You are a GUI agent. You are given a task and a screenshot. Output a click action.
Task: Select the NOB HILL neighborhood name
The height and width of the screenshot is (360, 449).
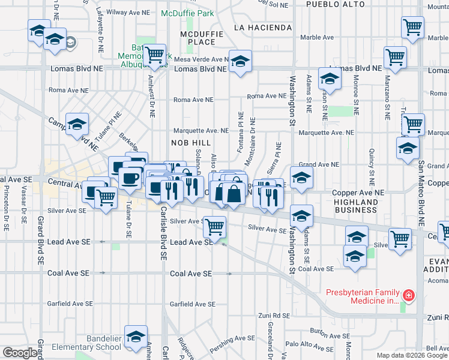191,142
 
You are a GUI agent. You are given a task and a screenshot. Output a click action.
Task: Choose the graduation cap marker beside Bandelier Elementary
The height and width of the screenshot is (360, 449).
136,337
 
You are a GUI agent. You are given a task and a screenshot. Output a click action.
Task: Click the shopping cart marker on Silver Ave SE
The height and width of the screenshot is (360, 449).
214,227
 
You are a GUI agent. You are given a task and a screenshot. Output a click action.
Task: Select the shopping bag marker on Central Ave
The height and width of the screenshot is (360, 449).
233,193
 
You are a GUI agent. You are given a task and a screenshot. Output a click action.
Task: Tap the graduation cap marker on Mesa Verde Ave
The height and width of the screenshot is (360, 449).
240,62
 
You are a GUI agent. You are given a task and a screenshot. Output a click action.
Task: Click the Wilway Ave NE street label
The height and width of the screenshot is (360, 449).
127,11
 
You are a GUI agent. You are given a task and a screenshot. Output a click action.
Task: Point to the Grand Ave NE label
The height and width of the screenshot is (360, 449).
319,164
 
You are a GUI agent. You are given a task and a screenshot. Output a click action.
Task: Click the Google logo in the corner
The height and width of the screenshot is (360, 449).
20,353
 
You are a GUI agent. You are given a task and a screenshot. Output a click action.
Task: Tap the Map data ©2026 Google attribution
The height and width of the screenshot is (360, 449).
412,355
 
